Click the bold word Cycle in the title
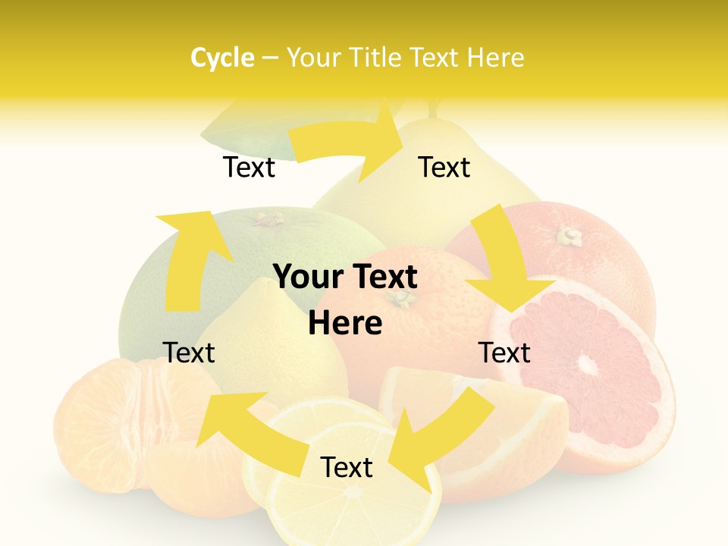point(222,58)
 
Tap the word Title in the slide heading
point(375,58)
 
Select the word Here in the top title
point(496,58)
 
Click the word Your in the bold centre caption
point(303,278)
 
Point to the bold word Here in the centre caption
point(345,324)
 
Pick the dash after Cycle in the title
point(269,58)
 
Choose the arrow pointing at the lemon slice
point(440,432)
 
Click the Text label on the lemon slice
point(347,468)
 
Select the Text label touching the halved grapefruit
point(505,353)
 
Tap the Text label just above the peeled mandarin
point(189,353)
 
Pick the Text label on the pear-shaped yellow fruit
point(444,167)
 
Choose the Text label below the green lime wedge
point(249,167)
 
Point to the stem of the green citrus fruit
point(268,220)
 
